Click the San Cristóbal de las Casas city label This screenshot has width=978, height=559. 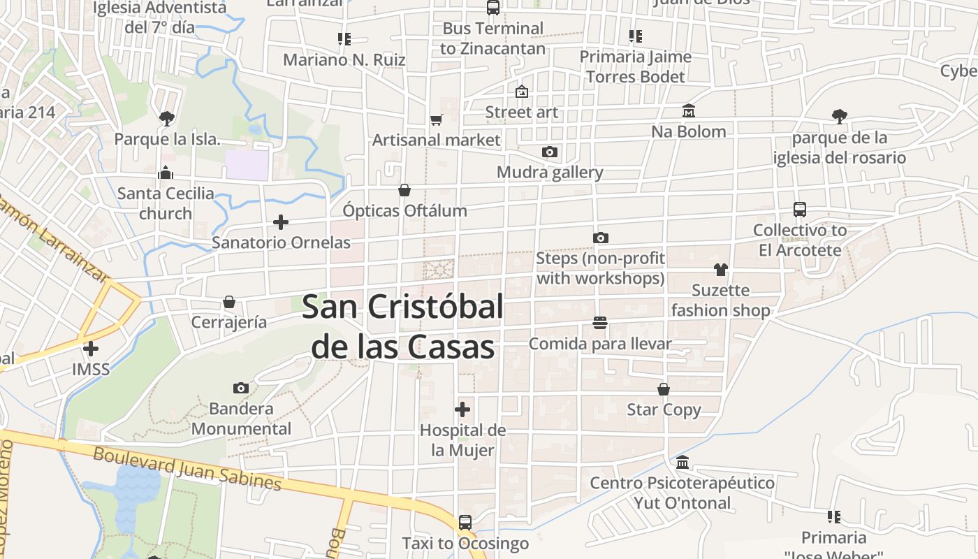(403, 326)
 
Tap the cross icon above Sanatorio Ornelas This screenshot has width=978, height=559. (281, 222)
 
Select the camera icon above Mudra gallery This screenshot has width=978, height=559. (550, 152)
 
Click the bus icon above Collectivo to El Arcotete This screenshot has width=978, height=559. (800, 209)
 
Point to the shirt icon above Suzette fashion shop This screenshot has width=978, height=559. (721, 270)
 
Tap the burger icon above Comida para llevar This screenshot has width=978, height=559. (599, 322)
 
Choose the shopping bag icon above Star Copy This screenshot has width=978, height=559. (664, 389)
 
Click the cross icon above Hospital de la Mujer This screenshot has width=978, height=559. (462, 409)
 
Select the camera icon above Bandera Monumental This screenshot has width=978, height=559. (241, 388)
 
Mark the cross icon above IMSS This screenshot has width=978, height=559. (91, 348)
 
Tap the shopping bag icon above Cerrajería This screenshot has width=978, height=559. (229, 302)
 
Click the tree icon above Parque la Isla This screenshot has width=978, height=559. (166, 118)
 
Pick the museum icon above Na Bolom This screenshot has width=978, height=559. (689, 111)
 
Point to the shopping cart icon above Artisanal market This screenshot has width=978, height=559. (437, 119)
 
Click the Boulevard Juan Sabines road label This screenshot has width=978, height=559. (187, 469)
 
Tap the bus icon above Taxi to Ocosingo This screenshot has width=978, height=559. (465, 522)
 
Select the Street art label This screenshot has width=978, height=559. (522, 112)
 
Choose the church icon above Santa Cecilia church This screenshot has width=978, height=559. (166, 172)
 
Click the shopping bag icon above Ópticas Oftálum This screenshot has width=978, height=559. (404, 190)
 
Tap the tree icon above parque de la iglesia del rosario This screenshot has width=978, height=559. (840, 117)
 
